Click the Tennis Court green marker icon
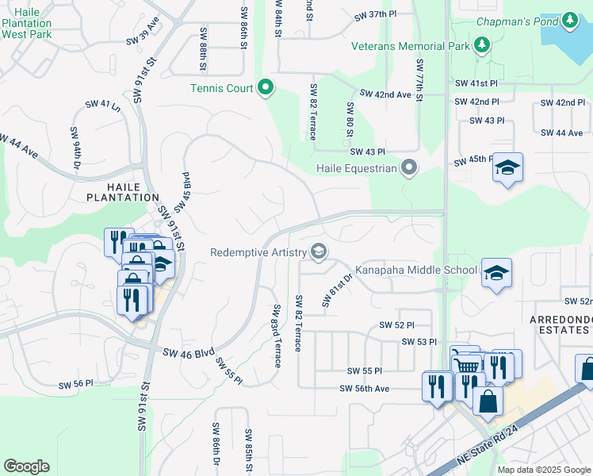click(266, 87)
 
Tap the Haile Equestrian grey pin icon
click(409, 168)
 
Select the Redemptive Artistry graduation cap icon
click(319, 252)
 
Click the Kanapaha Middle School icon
click(496, 272)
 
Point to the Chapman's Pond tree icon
click(570, 20)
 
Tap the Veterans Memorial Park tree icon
click(481, 46)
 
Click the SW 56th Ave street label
click(365, 389)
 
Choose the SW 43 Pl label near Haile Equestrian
click(367, 152)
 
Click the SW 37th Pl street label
click(375, 15)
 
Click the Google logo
click(26, 466)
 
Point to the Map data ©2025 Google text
click(543, 470)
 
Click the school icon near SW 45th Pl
click(507, 168)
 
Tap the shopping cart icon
click(468, 366)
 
